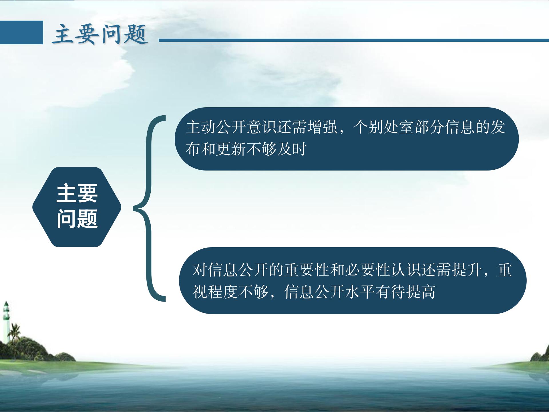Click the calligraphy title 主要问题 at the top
(x=100, y=35)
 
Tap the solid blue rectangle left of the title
(x=21, y=32)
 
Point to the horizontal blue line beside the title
(x=354, y=40)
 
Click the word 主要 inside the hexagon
(x=77, y=194)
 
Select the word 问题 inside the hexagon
(x=77, y=218)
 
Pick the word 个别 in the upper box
(x=368, y=127)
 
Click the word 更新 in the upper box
(x=231, y=149)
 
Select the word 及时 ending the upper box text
(x=292, y=149)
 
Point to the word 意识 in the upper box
(x=262, y=127)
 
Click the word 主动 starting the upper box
(x=201, y=127)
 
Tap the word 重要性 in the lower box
(x=307, y=270)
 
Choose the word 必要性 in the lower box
(x=368, y=270)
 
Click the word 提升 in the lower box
(x=467, y=270)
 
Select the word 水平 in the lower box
(x=360, y=292)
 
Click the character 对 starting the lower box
(x=200, y=270)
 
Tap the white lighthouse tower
(x=6, y=322)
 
